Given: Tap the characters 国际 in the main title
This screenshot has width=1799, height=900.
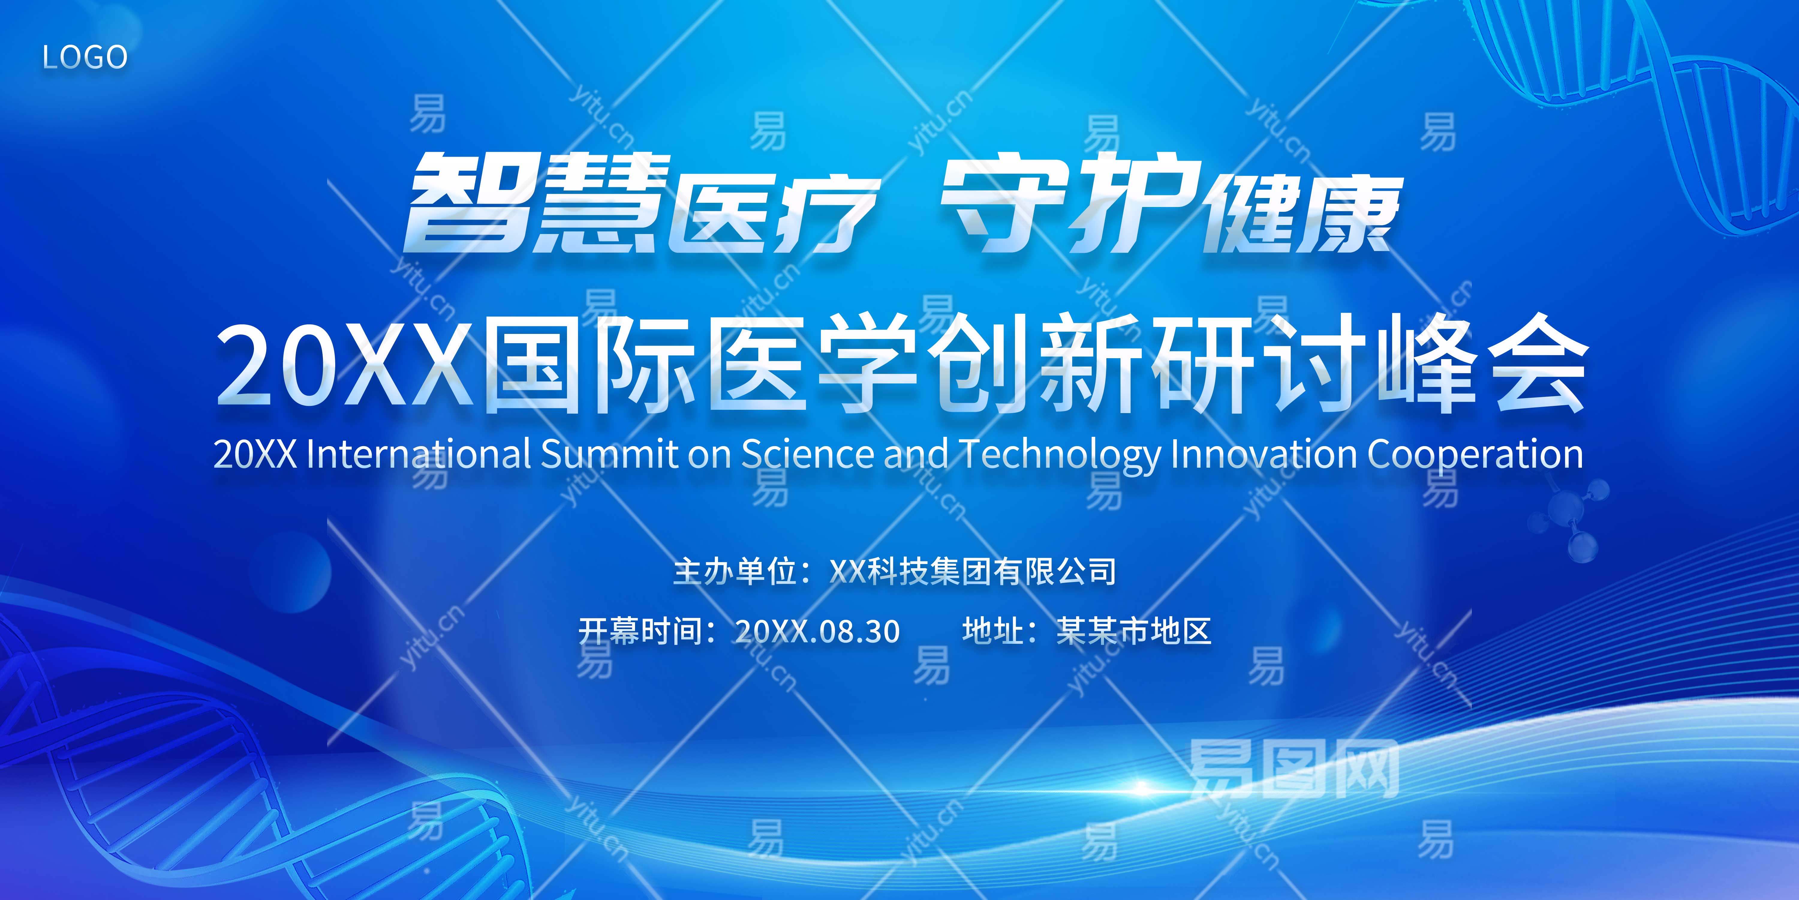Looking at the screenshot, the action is click(x=587, y=365).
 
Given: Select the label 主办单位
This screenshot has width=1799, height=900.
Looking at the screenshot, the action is click(x=735, y=571).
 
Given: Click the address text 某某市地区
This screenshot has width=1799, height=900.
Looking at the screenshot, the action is click(x=1133, y=631).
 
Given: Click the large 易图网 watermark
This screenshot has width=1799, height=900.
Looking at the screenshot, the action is click(x=1293, y=769).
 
